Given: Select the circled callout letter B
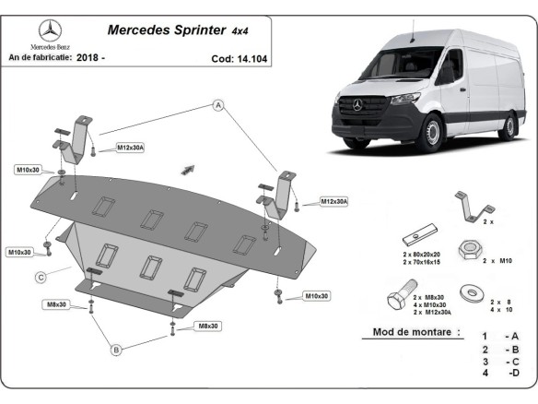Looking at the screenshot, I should tap(117, 350).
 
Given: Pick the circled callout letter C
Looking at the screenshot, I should tap(41, 276).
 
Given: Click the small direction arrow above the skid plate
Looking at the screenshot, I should tap(190, 169).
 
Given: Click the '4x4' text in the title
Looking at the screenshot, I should tap(240, 30).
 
